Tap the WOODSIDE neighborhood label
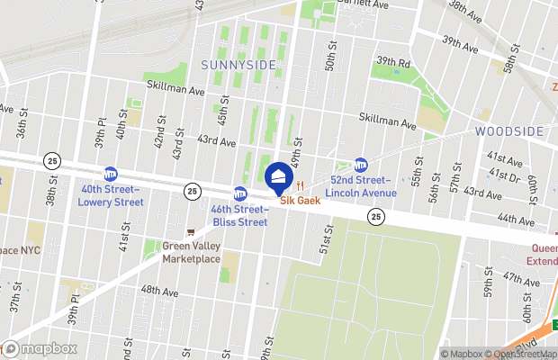point(510,130)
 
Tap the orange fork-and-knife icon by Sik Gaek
point(301,186)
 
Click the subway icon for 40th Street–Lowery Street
point(111,174)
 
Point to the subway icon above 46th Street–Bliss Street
point(239,193)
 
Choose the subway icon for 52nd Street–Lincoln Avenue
point(361,166)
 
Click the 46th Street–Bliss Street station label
point(239,214)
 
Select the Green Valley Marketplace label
point(191,252)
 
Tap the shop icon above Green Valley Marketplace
point(190,231)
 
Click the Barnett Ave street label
point(362,5)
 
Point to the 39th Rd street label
point(393,62)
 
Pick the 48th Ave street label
point(159,291)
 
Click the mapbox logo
point(40,348)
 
